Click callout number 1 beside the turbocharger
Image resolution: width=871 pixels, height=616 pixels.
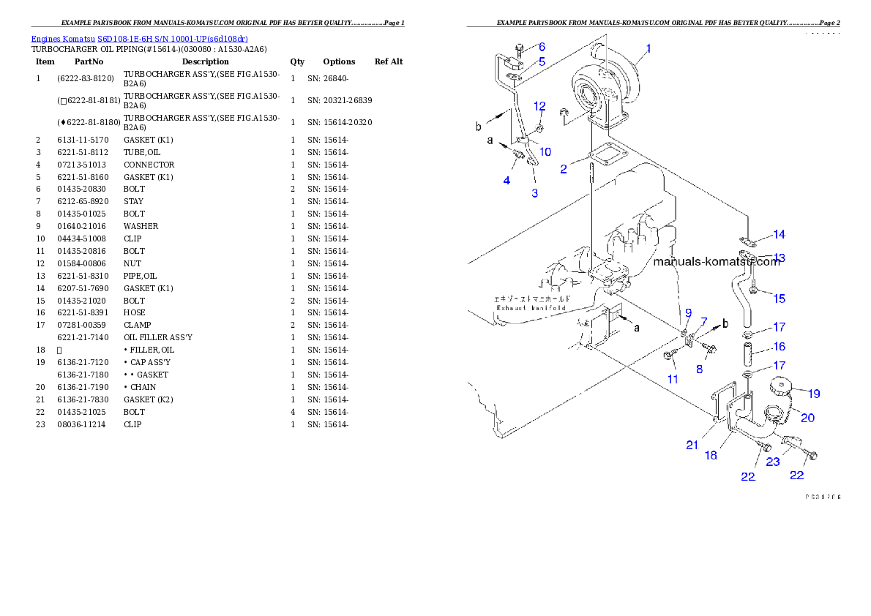click(x=647, y=49)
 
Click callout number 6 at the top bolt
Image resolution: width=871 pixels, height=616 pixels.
click(x=542, y=47)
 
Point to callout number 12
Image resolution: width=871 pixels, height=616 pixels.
click(x=539, y=106)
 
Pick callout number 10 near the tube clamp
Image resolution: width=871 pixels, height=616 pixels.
click(x=545, y=151)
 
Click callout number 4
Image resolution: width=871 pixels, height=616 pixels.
click(x=506, y=179)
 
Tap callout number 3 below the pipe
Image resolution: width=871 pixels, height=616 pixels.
click(x=535, y=193)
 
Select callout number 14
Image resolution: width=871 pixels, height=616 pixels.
click(x=779, y=234)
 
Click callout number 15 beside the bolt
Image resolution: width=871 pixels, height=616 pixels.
click(x=779, y=298)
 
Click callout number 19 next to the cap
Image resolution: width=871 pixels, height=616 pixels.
click(x=813, y=394)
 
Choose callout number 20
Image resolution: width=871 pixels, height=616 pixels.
click(x=807, y=418)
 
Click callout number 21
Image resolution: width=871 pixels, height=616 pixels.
click(x=692, y=445)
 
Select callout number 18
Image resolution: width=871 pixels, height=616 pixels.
click(x=711, y=455)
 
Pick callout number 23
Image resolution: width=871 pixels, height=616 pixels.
click(x=773, y=462)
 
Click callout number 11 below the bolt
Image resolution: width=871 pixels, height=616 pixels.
click(x=672, y=379)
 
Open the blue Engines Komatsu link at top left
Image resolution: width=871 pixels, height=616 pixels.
click(x=139, y=39)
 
